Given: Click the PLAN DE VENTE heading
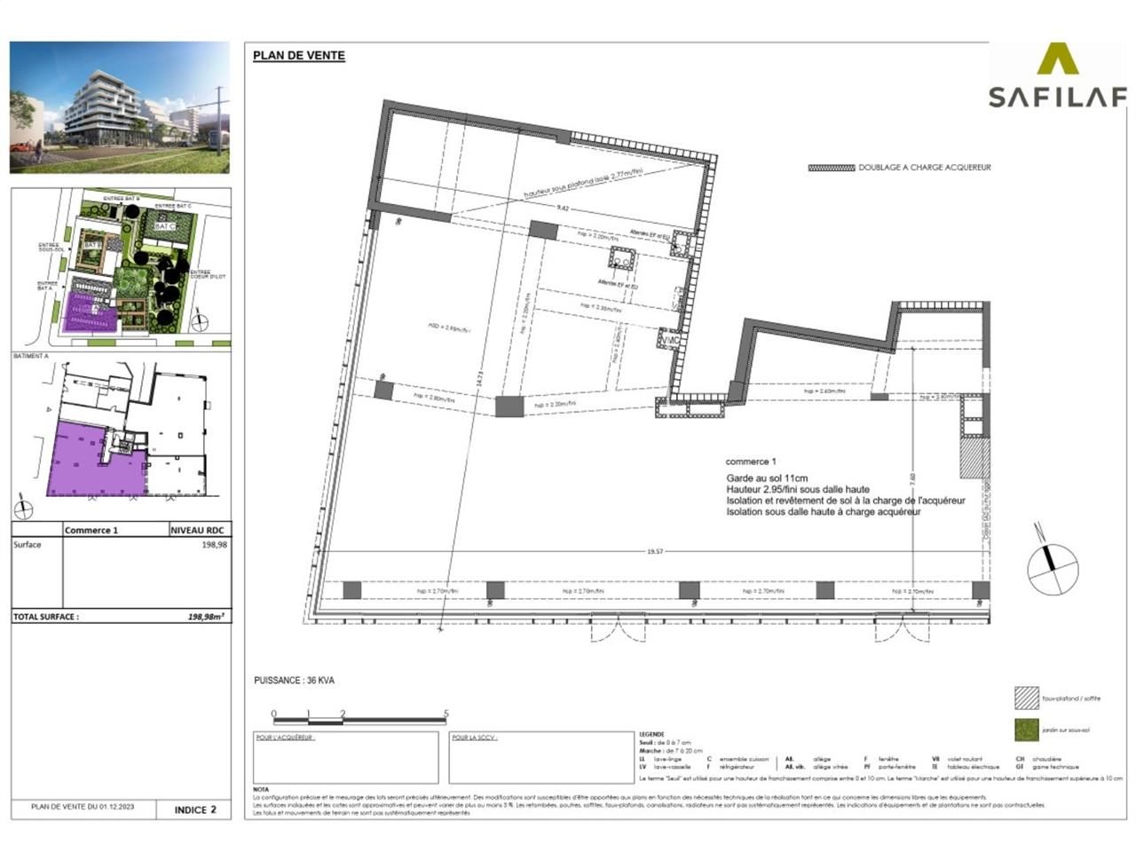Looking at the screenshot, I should click(x=298, y=55).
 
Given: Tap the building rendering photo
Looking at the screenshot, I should click(x=120, y=107).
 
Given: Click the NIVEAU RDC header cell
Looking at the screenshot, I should click(x=200, y=530).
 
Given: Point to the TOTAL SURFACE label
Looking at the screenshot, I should click(x=46, y=616).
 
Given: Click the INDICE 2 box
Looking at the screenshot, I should click(x=194, y=809).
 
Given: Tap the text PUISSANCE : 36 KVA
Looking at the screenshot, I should click(x=294, y=681).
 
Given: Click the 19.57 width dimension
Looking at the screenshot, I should click(x=655, y=551).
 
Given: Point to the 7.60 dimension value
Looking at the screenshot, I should click(x=914, y=476).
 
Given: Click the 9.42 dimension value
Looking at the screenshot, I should click(x=562, y=209).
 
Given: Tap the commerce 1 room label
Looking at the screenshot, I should click(x=750, y=461).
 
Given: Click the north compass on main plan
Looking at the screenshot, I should click(x=1053, y=567).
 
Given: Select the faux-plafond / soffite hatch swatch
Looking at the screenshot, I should click(x=1026, y=698).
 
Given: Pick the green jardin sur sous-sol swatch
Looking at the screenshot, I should click(x=1026, y=730).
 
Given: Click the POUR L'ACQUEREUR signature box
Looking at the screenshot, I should click(x=345, y=757).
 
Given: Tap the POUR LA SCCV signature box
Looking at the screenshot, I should click(x=540, y=757).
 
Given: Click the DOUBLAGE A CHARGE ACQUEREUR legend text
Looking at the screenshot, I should click(x=924, y=167).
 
